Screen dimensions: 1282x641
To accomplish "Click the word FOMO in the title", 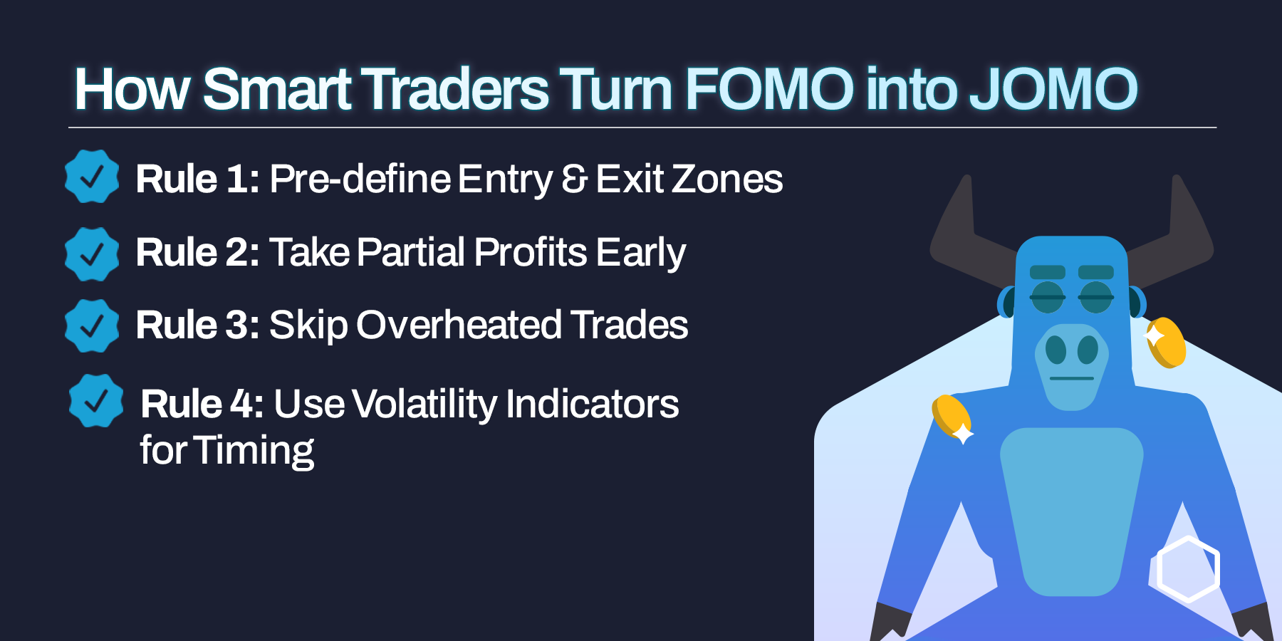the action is (770, 89).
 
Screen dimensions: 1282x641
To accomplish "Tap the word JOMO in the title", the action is (1053, 89).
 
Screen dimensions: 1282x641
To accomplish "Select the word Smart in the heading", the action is (277, 89).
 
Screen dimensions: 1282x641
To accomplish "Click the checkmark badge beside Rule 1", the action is (92, 177).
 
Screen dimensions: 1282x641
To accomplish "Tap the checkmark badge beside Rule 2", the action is (92, 254).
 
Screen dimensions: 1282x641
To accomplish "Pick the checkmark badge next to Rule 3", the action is (92, 325).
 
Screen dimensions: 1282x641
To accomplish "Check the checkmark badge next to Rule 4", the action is (96, 401).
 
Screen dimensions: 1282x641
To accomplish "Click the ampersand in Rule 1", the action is (574, 179).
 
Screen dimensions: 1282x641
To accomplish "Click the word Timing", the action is (254, 451).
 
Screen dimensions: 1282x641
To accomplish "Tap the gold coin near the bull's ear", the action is (1165, 343).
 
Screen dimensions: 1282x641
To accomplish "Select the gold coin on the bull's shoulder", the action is (952, 419).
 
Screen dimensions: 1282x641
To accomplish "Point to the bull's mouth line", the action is (1071, 378).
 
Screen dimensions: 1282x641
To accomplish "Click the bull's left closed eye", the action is (1047, 297).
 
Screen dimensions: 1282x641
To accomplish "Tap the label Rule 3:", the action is (198, 325).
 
